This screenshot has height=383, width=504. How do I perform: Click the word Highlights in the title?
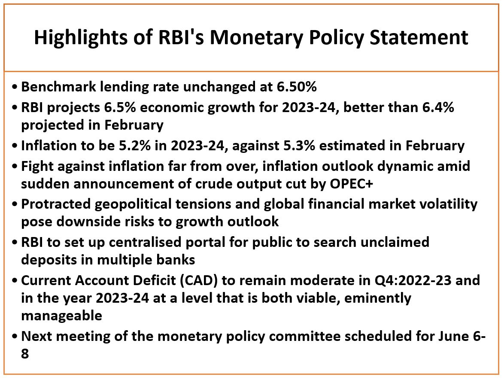pyautogui.click(x=81, y=38)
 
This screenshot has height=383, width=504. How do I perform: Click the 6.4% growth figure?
pyautogui.click(x=438, y=107)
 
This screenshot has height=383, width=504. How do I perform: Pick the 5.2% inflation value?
pyautogui.click(x=135, y=146)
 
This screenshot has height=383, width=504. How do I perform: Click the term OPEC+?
pyautogui.click(x=351, y=184)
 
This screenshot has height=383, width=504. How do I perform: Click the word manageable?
pyautogui.click(x=62, y=316)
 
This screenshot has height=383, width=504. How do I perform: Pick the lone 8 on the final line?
pyautogui.click(x=25, y=354)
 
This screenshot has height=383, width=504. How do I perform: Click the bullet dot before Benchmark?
pyautogui.click(x=15, y=87)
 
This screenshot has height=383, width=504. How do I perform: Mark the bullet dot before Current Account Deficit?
pyautogui.click(x=15, y=281)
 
